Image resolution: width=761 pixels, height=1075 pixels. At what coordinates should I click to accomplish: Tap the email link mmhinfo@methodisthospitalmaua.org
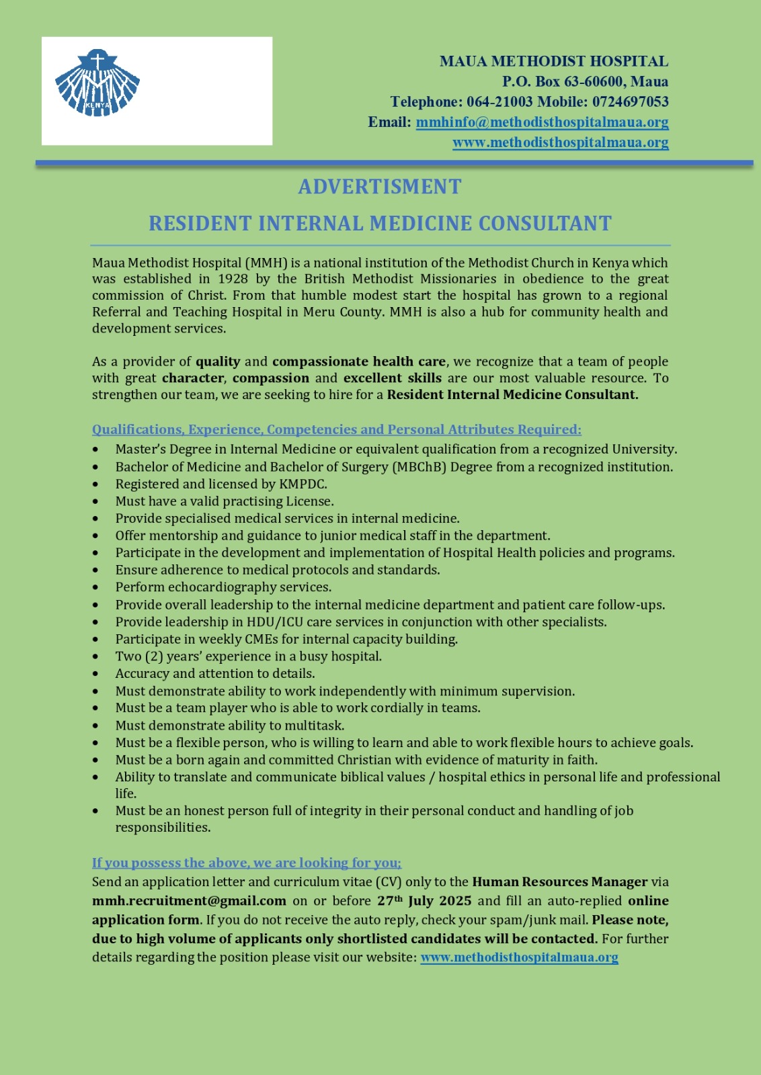point(542,122)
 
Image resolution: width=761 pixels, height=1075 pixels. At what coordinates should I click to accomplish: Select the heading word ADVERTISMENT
point(380,187)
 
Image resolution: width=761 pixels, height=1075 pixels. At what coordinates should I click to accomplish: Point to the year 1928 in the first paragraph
point(233,279)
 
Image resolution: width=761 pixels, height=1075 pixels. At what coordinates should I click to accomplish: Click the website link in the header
point(560,142)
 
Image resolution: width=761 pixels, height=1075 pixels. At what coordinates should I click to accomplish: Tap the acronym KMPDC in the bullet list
point(303,484)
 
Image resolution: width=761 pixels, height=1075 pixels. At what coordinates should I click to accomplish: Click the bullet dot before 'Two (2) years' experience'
point(96,656)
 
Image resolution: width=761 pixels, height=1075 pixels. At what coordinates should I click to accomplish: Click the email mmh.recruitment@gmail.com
point(189,901)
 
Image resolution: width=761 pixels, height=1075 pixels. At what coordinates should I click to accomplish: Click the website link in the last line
point(519,957)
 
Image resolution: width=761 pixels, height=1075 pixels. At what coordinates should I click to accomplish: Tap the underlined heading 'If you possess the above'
point(246,863)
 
